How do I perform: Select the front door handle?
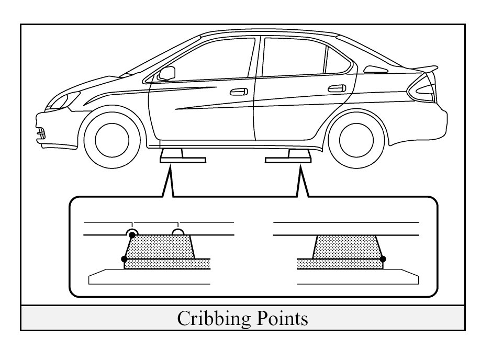239,92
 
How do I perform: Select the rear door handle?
336,87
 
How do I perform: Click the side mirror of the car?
166,73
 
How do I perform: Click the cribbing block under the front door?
174,156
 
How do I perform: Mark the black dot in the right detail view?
383,259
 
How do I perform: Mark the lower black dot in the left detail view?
124,259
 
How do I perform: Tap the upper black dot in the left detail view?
132,235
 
